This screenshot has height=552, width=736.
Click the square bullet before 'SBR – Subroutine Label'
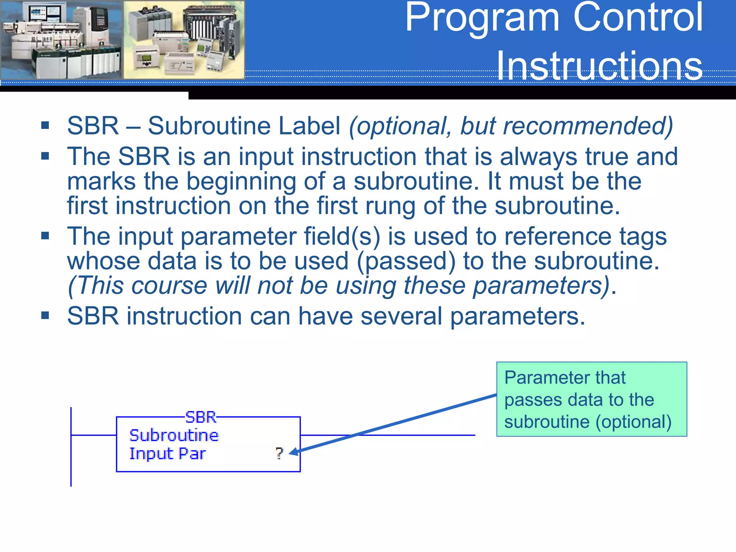[x=45, y=125]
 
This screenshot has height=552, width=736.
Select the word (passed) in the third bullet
[x=406, y=261]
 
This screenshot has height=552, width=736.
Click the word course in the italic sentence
[x=169, y=286]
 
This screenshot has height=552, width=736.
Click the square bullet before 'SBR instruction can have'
[x=45, y=316]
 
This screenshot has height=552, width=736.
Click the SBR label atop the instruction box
[x=201, y=417]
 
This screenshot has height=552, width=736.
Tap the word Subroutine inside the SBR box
[x=174, y=436]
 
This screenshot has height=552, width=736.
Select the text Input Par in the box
[x=167, y=454]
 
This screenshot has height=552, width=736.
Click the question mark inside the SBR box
[x=279, y=453]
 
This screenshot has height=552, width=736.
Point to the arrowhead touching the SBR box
[x=293, y=452]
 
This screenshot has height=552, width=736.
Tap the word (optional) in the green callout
[x=633, y=422]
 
